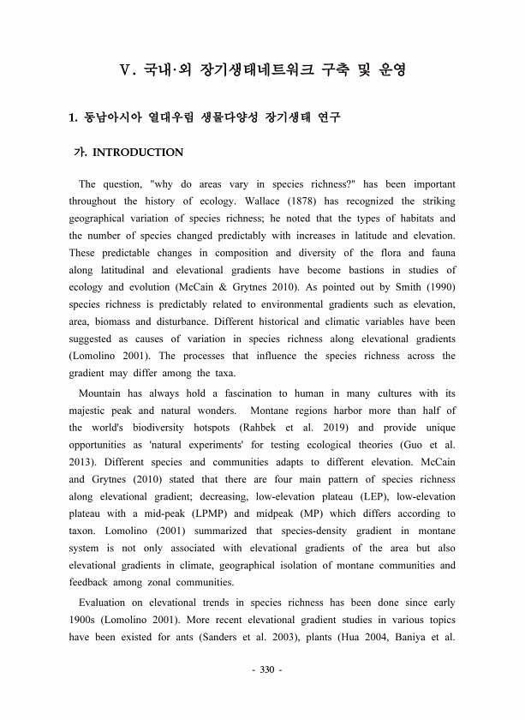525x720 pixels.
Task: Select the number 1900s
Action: (x=84, y=620)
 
